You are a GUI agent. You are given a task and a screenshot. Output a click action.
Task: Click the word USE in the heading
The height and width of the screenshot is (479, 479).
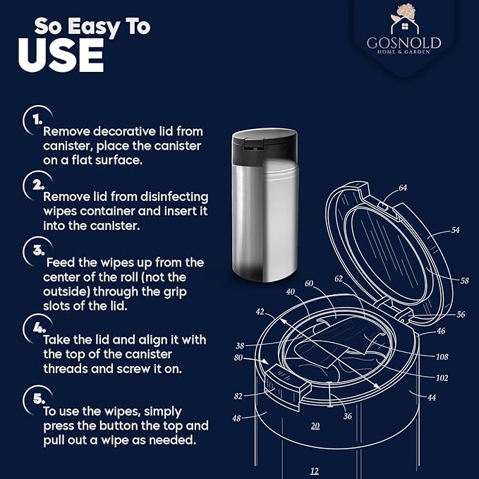click(x=61, y=55)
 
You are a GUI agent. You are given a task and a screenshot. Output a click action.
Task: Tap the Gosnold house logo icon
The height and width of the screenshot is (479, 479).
click(x=404, y=19)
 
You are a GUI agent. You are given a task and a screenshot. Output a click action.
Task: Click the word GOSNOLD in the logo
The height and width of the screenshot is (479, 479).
click(x=404, y=43)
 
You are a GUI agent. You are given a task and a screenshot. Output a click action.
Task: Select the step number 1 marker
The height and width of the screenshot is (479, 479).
click(x=37, y=120)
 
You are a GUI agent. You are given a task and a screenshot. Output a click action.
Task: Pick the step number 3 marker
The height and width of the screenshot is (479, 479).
click(x=39, y=250)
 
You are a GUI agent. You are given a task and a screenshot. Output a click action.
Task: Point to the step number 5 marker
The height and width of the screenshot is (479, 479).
click(x=39, y=399)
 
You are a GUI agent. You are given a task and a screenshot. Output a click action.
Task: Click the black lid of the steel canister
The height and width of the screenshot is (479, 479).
click(x=265, y=147)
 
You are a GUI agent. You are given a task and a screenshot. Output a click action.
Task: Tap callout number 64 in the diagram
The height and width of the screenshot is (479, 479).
click(x=403, y=188)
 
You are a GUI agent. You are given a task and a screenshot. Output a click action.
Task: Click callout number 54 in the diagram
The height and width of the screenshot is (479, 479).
click(x=455, y=230)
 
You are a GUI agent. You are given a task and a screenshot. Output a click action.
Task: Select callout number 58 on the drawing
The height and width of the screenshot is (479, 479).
click(x=464, y=281)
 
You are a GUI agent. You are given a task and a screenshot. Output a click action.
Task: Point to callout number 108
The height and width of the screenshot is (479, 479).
click(x=442, y=356)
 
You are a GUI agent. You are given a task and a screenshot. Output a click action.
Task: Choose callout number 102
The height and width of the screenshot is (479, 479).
click(x=442, y=378)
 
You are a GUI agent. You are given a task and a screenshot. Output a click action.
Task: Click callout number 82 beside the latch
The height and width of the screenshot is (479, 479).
click(x=238, y=396)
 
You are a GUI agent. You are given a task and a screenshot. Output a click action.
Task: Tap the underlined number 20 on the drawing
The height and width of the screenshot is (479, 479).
click(x=315, y=426)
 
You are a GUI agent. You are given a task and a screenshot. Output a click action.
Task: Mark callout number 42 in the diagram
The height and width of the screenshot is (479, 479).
click(x=260, y=312)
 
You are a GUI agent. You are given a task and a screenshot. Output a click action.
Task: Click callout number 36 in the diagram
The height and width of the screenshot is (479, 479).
click(x=347, y=416)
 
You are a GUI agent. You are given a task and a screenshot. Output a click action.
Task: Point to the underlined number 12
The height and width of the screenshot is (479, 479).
click(x=315, y=471)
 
